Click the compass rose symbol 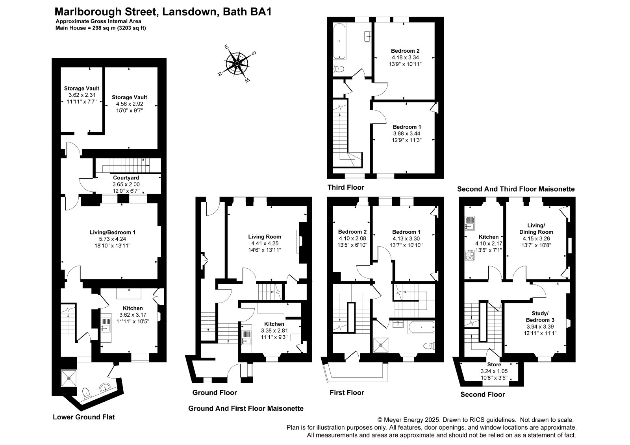click(237, 64)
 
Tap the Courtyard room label click(126, 178)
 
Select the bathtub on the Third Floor click(339, 41)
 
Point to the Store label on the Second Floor click(494, 364)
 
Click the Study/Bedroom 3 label click(540, 316)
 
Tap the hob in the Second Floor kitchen click(469, 255)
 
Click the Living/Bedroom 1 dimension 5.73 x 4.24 click(113, 239)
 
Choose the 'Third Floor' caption click(346, 188)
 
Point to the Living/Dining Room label click(536, 229)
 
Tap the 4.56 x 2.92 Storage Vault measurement click(130, 104)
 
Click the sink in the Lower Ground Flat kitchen click(106, 325)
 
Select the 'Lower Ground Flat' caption click(84, 417)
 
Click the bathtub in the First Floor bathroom click(421, 327)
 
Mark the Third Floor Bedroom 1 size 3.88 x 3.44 click(407, 133)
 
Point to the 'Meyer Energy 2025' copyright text click(411, 420)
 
